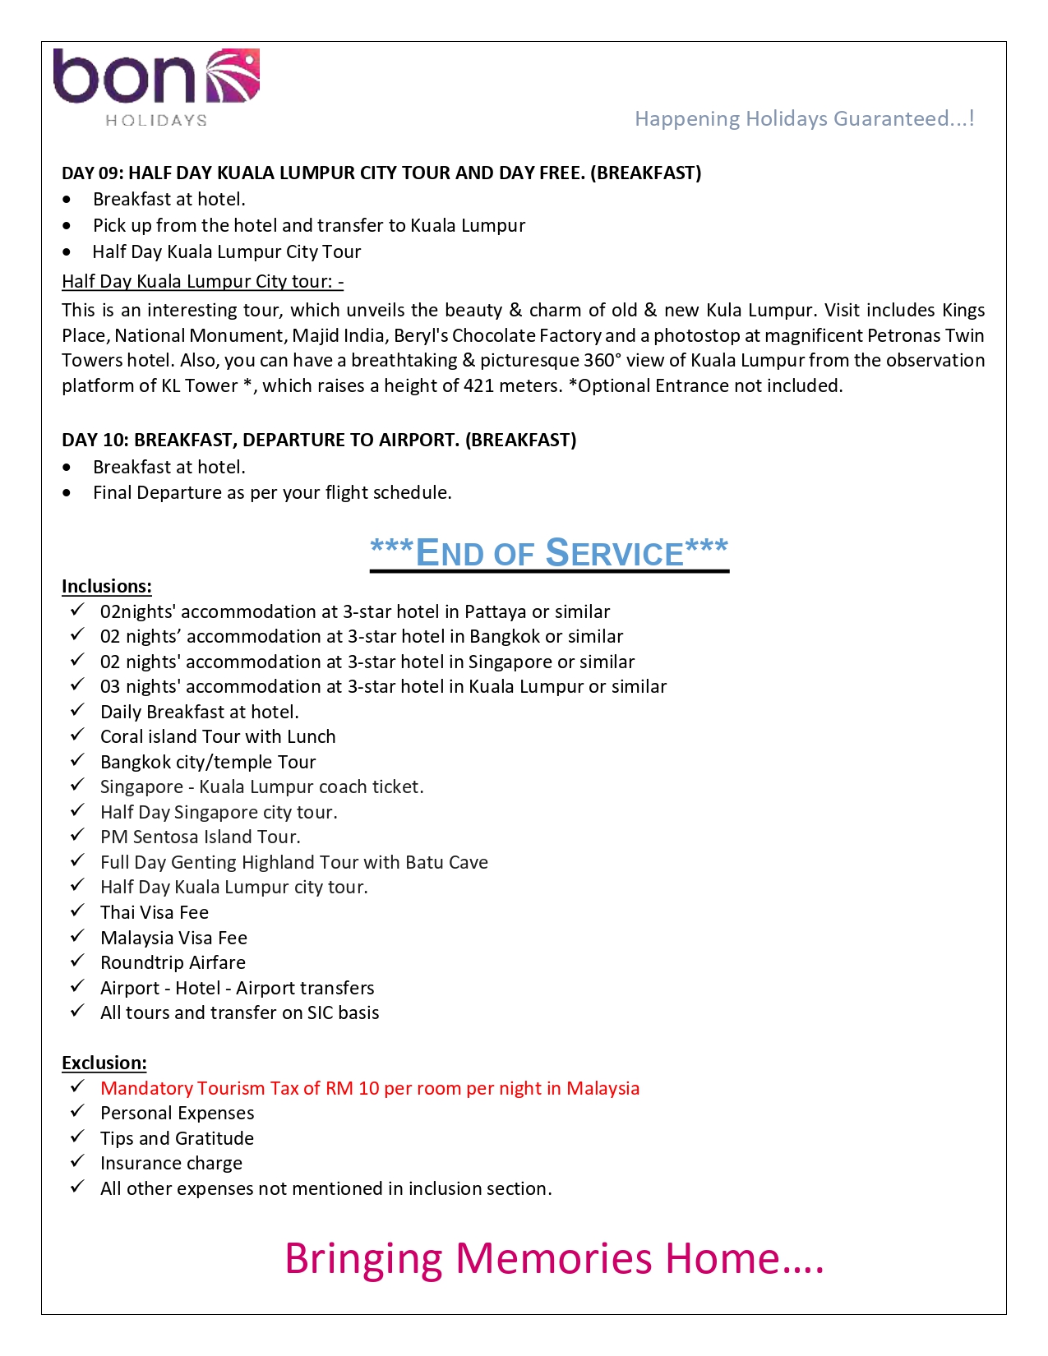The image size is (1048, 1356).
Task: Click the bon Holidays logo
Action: tap(156, 87)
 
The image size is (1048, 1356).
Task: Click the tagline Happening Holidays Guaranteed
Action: tap(804, 119)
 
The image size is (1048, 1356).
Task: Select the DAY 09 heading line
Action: tap(381, 173)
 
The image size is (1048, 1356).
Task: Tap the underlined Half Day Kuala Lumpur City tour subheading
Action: tap(202, 281)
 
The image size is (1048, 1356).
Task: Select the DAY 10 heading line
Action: tap(319, 440)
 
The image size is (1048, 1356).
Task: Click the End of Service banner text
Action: tap(549, 553)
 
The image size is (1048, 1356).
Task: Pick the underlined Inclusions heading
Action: tap(107, 586)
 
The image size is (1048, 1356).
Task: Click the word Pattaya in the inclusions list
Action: tap(495, 612)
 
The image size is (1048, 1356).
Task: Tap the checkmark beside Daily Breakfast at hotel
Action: tap(77, 711)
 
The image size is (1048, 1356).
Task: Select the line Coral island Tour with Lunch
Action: tap(218, 737)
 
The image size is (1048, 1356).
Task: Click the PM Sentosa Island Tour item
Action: tap(201, 837)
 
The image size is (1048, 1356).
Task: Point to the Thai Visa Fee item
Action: tap(155, 913)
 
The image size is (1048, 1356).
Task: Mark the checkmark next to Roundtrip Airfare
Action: tap(77, 962)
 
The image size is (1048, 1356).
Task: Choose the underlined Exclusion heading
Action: tap(104, 1063)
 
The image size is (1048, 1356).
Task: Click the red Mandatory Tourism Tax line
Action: tap(370, 1089)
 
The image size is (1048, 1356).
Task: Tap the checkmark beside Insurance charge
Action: tap(77, 1162)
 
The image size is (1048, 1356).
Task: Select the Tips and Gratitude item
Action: tap(177, 1139)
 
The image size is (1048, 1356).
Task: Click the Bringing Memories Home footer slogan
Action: tap(554, 1258)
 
